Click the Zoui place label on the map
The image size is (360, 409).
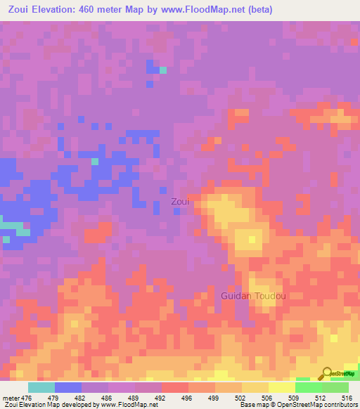click(180, 202)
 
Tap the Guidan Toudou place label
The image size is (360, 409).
click(253, 296)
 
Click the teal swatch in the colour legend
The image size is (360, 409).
click(41, 387)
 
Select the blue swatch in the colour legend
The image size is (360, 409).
click(68, 387)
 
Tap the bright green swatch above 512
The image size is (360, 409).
click(309, 387)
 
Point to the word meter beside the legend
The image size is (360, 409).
click(12, 398)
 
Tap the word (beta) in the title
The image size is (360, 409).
click(257, 10)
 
